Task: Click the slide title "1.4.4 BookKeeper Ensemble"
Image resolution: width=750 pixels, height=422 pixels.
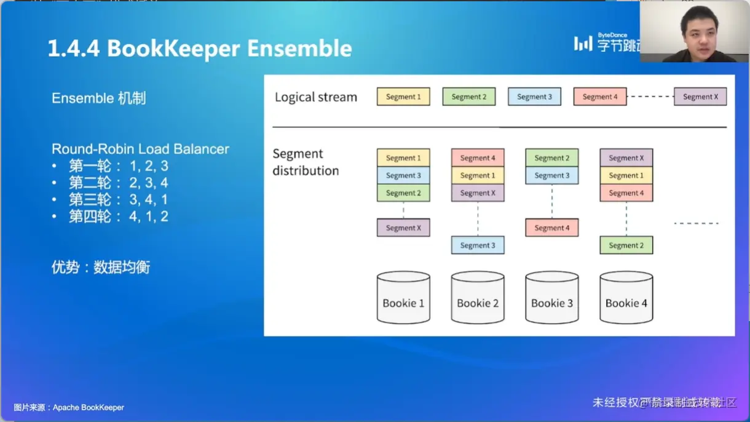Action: click(x=200, y=49)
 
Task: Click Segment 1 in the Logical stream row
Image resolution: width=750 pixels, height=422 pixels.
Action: click(x=403, y=97)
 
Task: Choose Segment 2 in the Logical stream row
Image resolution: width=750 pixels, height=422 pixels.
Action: click(x=469, y=97)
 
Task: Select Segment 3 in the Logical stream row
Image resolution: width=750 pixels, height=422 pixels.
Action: click(x=534, y=97)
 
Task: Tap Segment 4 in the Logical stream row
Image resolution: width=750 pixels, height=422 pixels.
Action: click(x=600, y=97)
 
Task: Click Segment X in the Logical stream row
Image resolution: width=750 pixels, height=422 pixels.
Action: click(x=700, y=97)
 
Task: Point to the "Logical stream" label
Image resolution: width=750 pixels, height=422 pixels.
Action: click(x=316, y=97)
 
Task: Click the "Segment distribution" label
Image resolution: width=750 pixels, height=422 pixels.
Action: click(x=306, y=162)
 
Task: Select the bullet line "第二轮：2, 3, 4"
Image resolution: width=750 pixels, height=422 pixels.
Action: click(x=118, y=183)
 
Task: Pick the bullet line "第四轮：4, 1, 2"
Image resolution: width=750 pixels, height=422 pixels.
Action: click(x=118, y=217)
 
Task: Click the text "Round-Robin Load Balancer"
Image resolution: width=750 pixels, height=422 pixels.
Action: click(x=140, y=149)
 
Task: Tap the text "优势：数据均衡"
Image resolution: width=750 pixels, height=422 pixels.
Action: click(x=101, y=267)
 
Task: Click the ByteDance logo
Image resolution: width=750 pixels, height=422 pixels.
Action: click(x=606, y=43)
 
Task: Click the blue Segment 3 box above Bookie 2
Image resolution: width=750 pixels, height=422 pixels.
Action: click(x=478, y=245)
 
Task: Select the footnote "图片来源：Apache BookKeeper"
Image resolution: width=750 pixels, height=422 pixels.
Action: click(x=69, y=407)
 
